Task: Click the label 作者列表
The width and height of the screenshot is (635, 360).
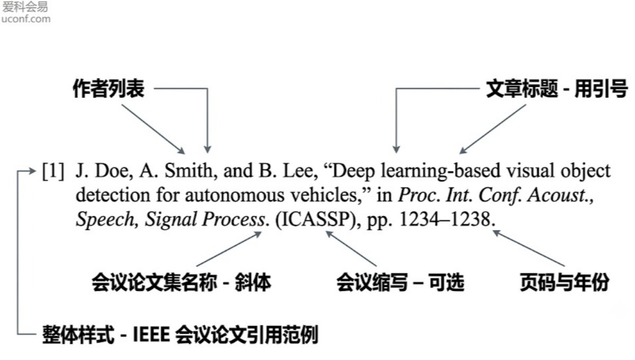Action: point(109,88)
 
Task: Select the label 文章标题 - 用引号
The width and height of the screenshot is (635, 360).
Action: point(557,88)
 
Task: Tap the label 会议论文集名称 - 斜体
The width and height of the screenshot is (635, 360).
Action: point(182,282)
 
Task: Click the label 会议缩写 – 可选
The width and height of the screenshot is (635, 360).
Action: point(401,282)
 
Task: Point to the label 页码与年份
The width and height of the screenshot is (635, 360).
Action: point(565,282)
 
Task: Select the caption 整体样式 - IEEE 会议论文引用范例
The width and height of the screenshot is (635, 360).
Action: point(180,335)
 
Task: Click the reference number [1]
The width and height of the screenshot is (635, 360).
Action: point(53,171)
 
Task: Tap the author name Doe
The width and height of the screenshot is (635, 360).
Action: point(114,171)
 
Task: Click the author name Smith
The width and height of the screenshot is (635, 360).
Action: point(191,171)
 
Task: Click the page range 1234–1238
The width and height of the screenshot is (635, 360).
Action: point(446,219)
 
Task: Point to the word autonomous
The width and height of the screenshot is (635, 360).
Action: point(235,196)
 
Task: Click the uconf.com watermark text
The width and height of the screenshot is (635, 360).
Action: point(26,19)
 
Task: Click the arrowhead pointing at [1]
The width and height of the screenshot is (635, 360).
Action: point(33,171)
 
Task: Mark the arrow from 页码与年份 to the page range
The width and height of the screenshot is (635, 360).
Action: point(529,248)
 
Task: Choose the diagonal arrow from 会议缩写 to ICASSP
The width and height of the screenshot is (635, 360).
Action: point(351,248)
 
